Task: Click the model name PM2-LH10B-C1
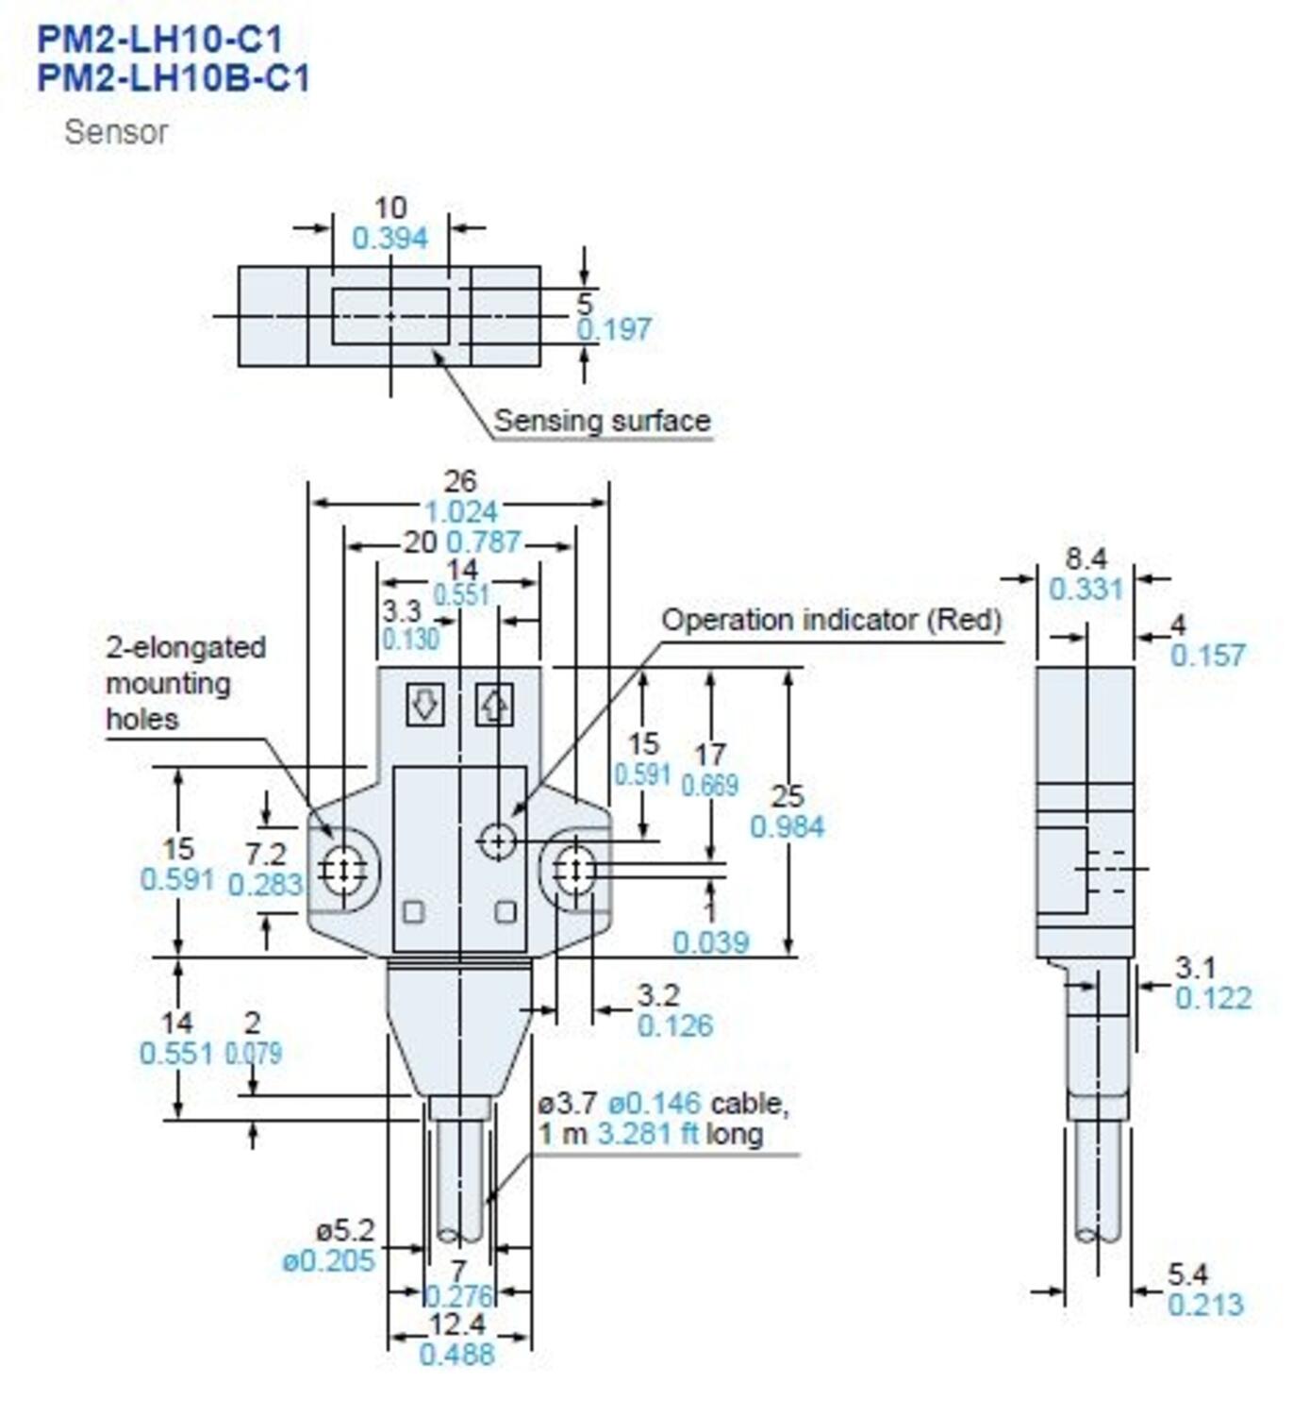(x=174, y=77)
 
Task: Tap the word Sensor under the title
(x=116, y=132)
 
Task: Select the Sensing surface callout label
(x=602, y=421)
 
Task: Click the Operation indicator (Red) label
(x=831, y=620)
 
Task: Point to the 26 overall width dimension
(x=459, y=481)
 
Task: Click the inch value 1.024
(x=460, y=512)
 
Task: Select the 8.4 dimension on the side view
(x=1086, y=558)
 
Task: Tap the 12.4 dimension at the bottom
(x=456, y=1323)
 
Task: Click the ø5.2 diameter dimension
(x=344, y=1230)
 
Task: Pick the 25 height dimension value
(x=787, y=796)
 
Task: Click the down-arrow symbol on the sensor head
(x=425, y=704)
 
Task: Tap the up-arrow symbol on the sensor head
(x=493, y=704)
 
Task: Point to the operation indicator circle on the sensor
(x=497, y=840)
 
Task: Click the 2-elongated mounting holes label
(x=185, y=683)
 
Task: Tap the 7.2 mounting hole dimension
(x=265, y=854)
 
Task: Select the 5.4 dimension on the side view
(x=1186, y=1274)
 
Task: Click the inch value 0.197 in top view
(x=614, y=329)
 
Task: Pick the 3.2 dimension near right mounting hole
(x=657, y=995)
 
